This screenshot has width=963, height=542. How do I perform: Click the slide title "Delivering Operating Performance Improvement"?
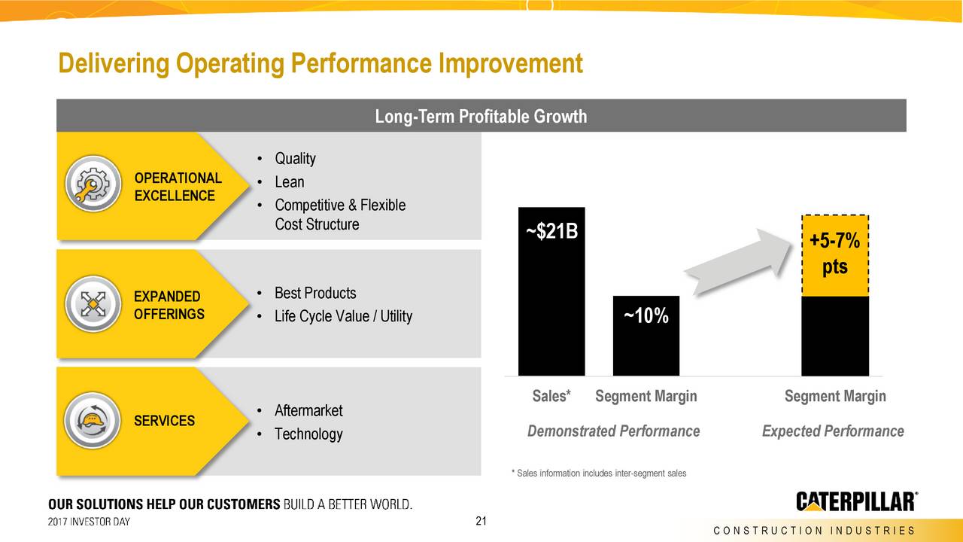click(320, 64)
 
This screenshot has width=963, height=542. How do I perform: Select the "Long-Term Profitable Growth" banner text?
click(481, 117)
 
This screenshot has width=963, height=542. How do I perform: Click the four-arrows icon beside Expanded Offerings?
click(92, 306)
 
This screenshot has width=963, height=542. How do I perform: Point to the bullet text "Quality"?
click(294, 159)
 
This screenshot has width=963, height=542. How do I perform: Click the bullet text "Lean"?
click(289, 182)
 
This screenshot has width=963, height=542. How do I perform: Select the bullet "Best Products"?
click(314, 293)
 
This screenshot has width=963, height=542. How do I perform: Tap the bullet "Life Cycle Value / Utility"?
click(342, 316)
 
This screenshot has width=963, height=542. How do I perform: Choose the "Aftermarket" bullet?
click(308, 410)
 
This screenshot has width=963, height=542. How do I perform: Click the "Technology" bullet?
click(308, 434)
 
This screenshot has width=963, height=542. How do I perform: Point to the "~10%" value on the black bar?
click(646, 317)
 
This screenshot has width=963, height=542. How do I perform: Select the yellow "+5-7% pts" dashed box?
click(835, 255)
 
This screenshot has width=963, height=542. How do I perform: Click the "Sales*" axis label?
click(551, 396)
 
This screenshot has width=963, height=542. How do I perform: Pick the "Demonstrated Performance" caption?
click(613, 431)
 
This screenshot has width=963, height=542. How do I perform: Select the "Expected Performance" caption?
click(833, 431)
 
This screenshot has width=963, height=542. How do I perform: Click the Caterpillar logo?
click(857, 501)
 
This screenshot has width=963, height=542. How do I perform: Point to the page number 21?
click(481, 522)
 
